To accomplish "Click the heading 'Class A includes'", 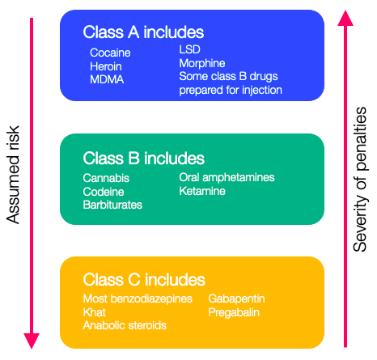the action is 143,32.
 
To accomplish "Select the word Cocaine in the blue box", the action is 110,53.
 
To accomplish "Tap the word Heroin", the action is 106,66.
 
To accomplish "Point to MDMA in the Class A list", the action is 107,79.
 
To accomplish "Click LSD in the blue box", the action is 189,49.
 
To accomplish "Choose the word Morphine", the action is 202,63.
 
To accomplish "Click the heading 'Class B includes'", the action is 144,158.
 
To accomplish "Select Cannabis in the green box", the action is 106,178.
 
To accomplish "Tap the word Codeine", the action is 104,192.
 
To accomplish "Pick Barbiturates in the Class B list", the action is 112,205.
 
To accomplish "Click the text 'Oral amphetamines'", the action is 227,177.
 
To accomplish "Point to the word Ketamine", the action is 202,191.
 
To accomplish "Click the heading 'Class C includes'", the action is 144,279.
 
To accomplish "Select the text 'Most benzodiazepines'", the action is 138,299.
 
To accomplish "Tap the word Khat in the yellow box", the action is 95,312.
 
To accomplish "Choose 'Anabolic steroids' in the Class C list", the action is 125,325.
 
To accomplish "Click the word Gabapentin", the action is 236,299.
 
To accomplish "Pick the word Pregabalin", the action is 234,312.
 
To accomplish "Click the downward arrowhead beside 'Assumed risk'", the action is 32,341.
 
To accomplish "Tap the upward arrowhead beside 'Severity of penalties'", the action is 345,19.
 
